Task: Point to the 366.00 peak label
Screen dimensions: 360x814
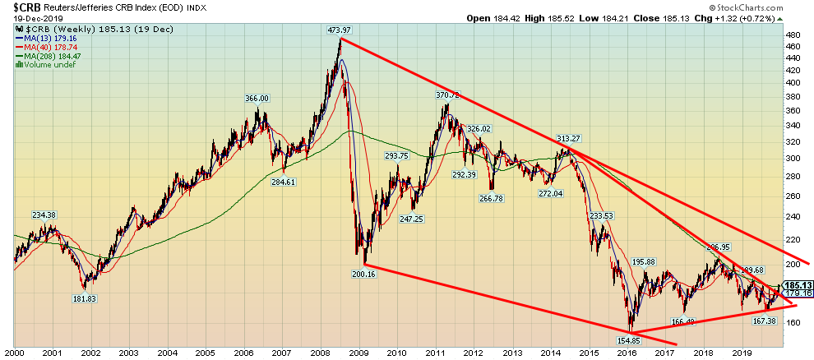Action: click(x=257, y=98)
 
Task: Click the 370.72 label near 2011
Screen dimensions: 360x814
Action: click(x=449, y=95)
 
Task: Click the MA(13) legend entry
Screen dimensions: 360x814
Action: click(x=41, y=38)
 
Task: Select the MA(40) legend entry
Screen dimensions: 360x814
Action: click(x=41, y=48)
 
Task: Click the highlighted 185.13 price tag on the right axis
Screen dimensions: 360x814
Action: click(x=796, y=286)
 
